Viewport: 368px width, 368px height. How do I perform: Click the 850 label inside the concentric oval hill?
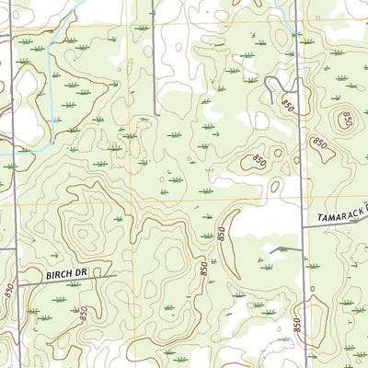pos(346,119)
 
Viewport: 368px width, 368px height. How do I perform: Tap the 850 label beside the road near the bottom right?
pos(297,324)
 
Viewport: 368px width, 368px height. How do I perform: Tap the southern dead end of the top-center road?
pos(155,114)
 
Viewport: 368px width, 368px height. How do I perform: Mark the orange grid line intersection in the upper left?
pos(130,23)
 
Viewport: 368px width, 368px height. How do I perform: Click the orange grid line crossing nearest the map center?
pos(131,200)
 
